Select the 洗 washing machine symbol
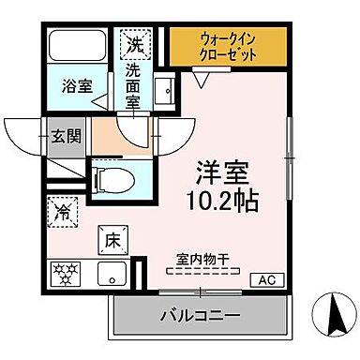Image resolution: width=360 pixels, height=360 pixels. (134, 43)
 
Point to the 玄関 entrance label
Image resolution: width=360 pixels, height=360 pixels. (67, 135)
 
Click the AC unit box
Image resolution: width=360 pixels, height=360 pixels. (265, 278)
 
